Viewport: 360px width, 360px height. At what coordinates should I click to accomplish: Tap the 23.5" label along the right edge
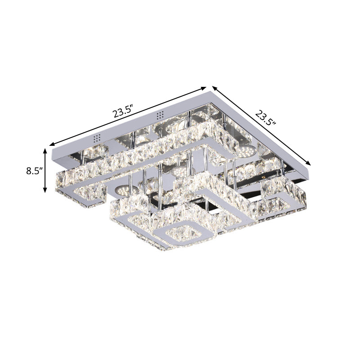click(x=265, y=118)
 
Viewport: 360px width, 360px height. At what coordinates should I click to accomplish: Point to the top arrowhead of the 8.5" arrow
click(x=45, y=149)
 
